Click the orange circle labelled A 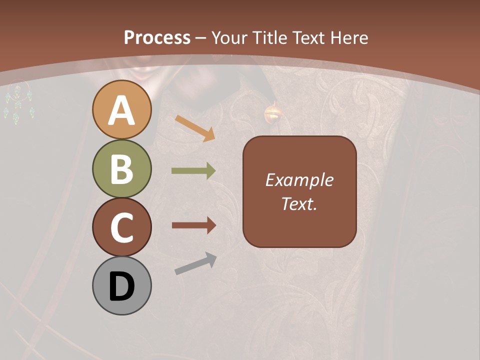pos(121,109)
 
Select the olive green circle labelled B pos(121,168)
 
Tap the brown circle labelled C pos(121,227)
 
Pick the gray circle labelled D pos(121,286)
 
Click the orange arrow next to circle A pos(194,128)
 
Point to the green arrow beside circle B pos(193,171)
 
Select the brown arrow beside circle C pos(193,226)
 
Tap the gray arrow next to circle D pos(195,263)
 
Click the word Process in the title pos(157,37)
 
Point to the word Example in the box pos(299,180)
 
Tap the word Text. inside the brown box pos(299,203)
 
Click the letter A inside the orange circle pos(122,110)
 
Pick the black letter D pos(122,286)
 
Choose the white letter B pos(122,169)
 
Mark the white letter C pos(122,227)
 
